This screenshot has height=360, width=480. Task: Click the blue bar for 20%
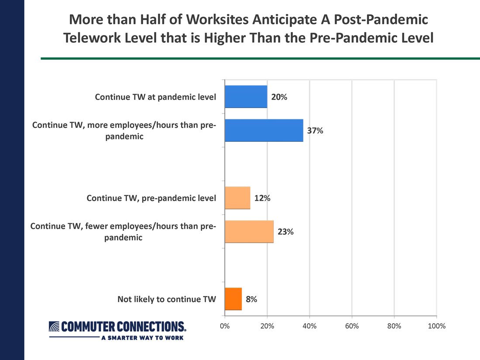[246, 96]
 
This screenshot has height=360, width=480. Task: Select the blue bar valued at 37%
[264, 130]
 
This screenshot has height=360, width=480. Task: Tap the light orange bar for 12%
[237, 198]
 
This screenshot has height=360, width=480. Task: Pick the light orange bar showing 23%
[249, 231]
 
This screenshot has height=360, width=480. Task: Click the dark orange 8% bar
[233, 299]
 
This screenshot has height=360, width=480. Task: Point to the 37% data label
[315, 130]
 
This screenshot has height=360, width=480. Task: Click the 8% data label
[251, 299]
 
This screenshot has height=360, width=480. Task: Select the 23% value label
[285, 232]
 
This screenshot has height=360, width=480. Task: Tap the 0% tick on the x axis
[225, 326]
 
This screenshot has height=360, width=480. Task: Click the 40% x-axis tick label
[309, 326]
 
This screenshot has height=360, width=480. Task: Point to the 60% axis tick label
[352, 326]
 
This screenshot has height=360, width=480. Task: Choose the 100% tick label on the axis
[436, 326]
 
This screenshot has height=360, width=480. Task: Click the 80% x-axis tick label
[394, 326]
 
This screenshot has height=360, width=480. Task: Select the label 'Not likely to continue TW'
[167, 299]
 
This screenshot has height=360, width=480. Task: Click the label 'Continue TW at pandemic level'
[155, 97]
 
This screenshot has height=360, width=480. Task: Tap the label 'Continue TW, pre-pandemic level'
[151, 198]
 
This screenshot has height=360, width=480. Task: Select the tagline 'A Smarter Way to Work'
[142, 338]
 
